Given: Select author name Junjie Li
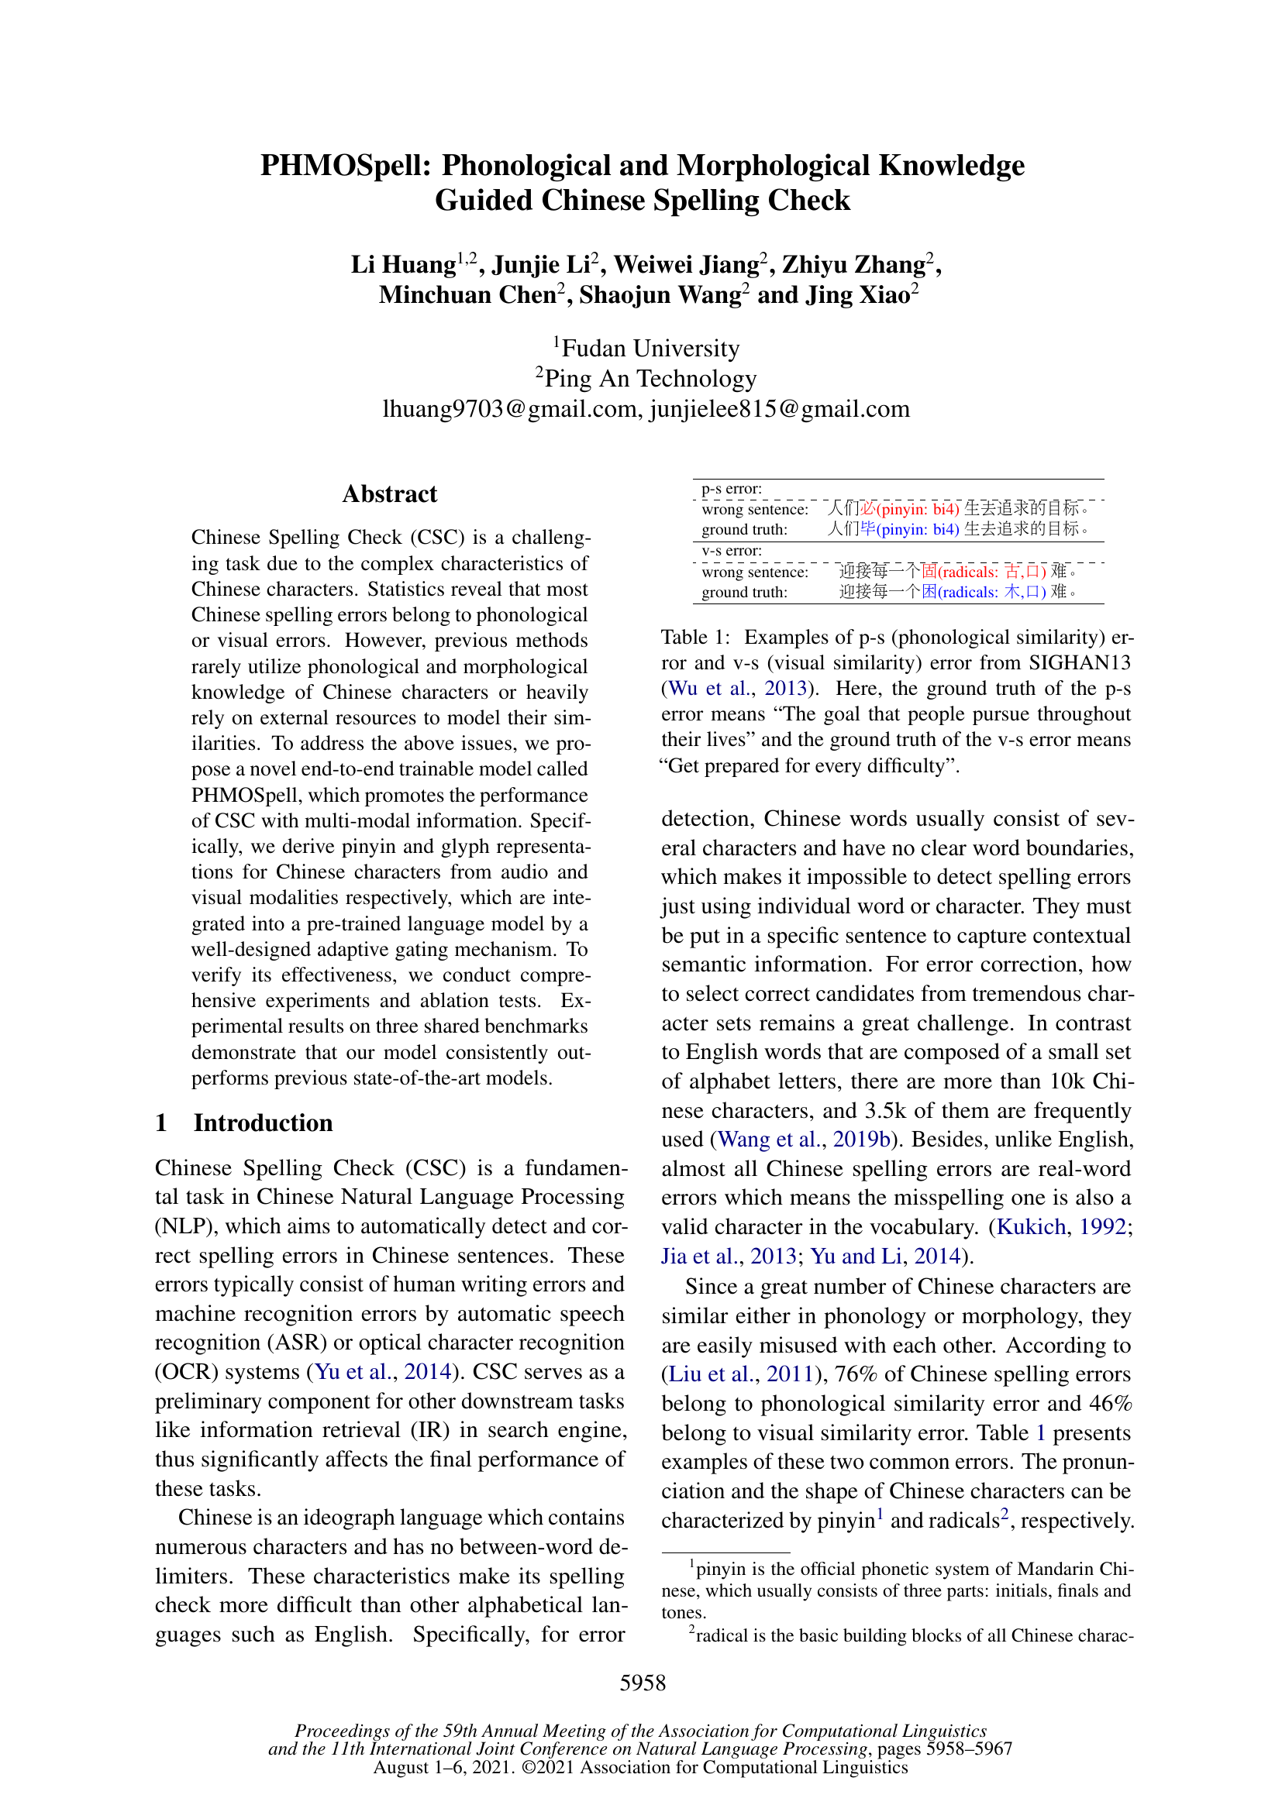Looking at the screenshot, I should (x=540, y=265).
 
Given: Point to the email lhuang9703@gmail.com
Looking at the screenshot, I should (x=511, y=409).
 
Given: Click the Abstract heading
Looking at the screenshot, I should (x=389, y=494).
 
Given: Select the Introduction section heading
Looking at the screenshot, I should (x=263, y=1123).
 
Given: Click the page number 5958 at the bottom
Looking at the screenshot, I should (x=643, y=1683).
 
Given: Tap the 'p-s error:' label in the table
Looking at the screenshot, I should (x=731, y=490).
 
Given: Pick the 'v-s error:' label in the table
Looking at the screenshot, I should (x=731, y=551).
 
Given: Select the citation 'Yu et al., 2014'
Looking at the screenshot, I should (x=383, y=1372).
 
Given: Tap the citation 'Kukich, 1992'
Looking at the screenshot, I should (x=1061, y=1227).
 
